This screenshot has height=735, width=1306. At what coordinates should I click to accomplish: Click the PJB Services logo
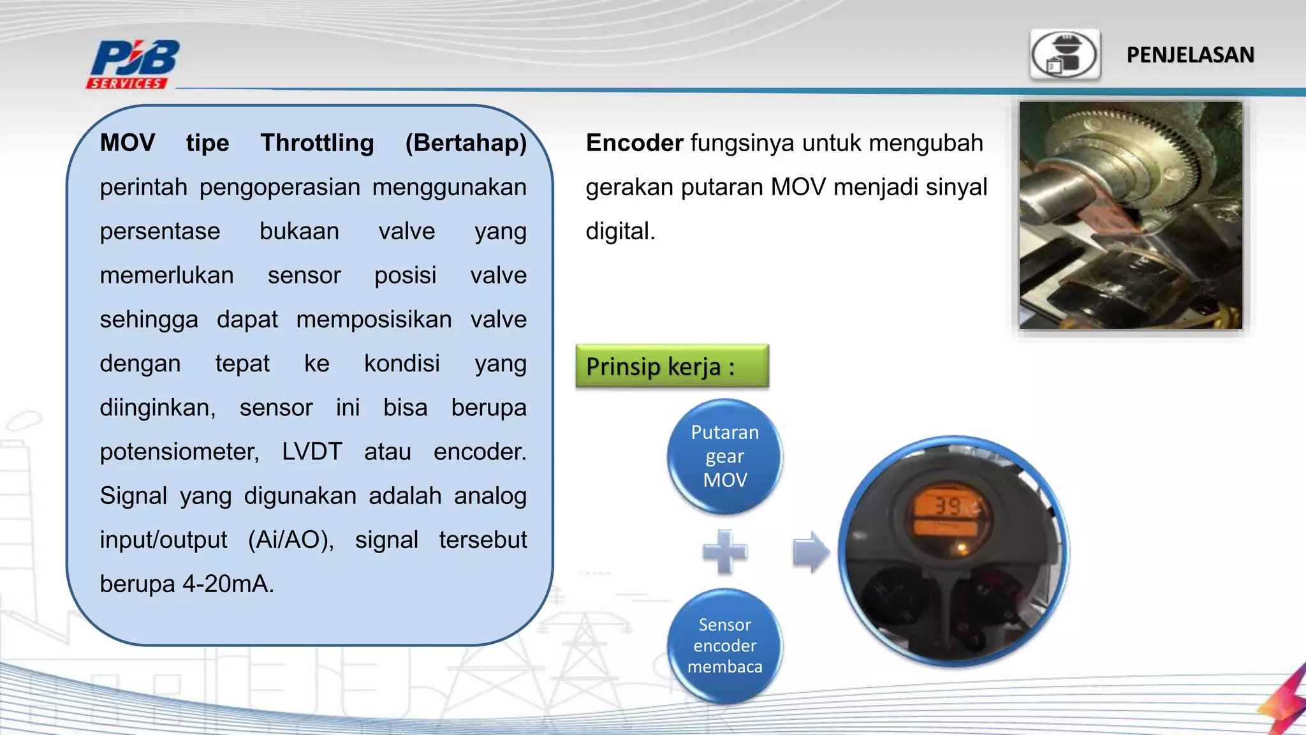point(133,64)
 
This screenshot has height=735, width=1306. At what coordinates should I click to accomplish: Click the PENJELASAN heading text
point(1190,55)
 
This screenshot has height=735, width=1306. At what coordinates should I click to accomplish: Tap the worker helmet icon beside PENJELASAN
point(1065,55)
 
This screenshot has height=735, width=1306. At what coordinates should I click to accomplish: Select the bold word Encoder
point(634,143)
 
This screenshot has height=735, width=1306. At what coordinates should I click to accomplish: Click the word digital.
point(620,231)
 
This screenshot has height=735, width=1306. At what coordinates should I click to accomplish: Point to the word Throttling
point(317,143)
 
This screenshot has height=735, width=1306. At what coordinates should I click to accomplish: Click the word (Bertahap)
point(466,143)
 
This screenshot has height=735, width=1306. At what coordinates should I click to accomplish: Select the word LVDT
point(312,452)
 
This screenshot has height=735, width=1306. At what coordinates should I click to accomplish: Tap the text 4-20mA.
point(228,584)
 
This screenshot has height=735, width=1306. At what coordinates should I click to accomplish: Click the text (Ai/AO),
point(291,540)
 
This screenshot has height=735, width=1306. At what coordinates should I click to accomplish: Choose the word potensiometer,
point(179,452)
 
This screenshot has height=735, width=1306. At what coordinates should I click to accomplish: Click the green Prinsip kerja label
point(671,366)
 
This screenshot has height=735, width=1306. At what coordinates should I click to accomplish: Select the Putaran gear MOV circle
point(724,456)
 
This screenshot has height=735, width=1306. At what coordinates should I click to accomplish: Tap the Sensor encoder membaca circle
point(724,646)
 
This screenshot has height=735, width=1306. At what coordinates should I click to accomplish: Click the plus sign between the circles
point(724,551)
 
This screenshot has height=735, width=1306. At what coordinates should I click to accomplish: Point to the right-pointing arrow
point(810,551)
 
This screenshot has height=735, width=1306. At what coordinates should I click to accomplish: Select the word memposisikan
point(374,320)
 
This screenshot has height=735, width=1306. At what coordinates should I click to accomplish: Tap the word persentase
point(159,231)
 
